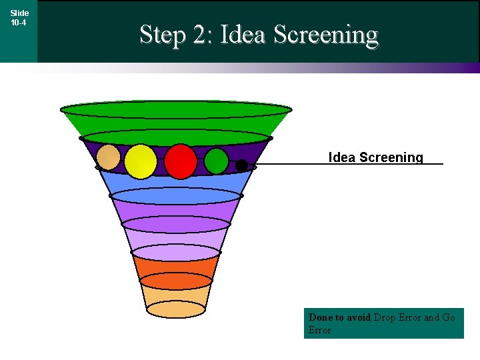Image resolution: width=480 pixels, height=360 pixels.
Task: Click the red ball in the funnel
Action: click(x=181, y=161)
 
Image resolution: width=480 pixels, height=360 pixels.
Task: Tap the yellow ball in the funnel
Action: click(x=141, y=161)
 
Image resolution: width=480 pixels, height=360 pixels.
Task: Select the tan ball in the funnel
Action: click(x=109, y=157)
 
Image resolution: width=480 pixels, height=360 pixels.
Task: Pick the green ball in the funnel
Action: click(x=216, y=161)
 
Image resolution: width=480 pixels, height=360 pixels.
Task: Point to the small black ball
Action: click(x=241, y=165)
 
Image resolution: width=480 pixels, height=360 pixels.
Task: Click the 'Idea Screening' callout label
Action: click(x=375, y=157)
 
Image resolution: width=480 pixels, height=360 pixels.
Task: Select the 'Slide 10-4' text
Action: click(x=19, y=17)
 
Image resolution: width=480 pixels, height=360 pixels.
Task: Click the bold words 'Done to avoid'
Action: click(x=339, y=317)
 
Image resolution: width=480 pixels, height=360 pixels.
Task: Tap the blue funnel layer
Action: click(x=176, y=183)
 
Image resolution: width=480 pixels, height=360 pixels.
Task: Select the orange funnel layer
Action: click(x=176, y=267)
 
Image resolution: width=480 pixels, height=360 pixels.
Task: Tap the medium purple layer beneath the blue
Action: click(x=176, y=209)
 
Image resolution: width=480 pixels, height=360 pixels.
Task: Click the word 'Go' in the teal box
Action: click(x=449, y=317)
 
